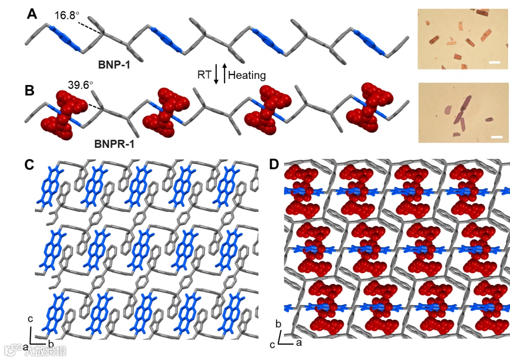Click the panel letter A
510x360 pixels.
point(32,15)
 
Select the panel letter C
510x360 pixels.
point(30,165)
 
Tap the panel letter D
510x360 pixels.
point(273,164)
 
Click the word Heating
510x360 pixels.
point(247,75)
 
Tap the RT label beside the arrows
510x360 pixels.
point(204,75)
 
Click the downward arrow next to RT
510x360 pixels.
point(216,74)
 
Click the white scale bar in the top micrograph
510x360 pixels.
point(494,62)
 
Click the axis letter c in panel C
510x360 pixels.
point(30,319)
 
